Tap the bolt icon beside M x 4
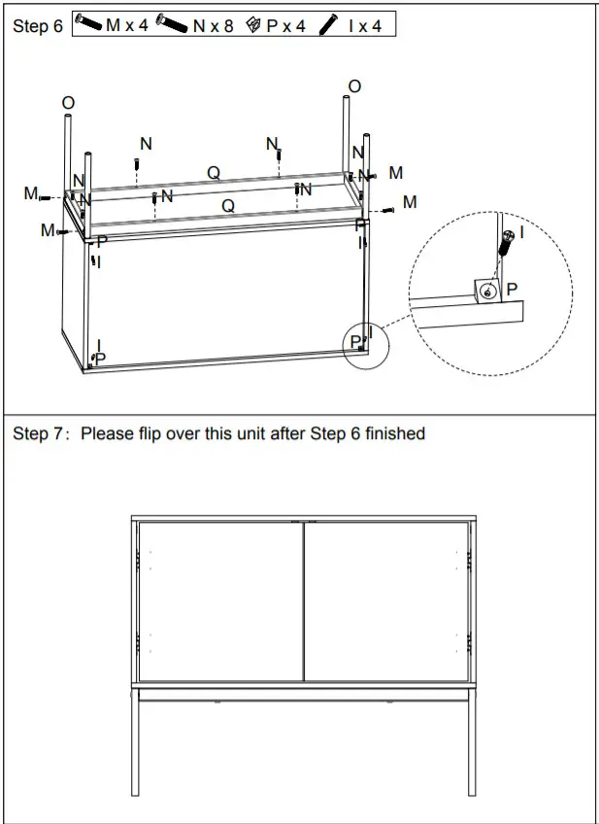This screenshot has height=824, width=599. tap(88, 23)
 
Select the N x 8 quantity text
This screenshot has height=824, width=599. tap(213, 25)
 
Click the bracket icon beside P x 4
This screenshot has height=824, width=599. tap(253, 25)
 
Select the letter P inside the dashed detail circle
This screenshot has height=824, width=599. tap(512, 289)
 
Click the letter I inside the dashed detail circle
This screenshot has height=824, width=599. tap(521, 232)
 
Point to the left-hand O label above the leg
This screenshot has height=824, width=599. tap(68, 103)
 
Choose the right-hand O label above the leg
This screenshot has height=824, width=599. tap(353, 86)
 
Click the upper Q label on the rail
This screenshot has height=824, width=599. tap(213, 172)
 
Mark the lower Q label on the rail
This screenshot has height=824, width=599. tap(227, 205)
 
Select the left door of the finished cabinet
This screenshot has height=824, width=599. tap(220, 601)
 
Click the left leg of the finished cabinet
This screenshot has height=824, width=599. tap(135, 743)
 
